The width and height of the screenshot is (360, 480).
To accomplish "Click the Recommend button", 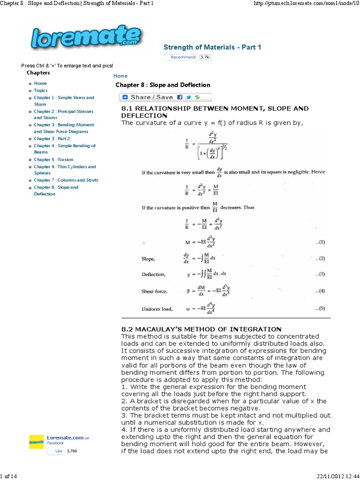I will pos(180,57).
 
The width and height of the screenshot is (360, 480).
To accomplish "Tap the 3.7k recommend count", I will pos(205,57).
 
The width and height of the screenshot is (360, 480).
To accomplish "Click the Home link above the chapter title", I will pos(120,76).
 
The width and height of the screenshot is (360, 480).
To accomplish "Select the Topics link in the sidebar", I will pos(40,90).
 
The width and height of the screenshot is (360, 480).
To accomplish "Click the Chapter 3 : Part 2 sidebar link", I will pos(52,139).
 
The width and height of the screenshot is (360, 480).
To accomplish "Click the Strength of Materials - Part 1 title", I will pos(212,47).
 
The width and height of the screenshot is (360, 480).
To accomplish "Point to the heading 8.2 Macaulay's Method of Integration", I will pos(201,329).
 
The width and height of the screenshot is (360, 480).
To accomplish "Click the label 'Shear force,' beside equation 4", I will pos(154,291).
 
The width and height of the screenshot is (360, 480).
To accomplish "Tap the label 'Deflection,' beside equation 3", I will pos(153,275).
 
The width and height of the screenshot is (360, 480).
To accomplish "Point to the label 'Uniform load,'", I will pos(157,309).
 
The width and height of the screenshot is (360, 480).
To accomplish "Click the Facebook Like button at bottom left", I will pos(56,451).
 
